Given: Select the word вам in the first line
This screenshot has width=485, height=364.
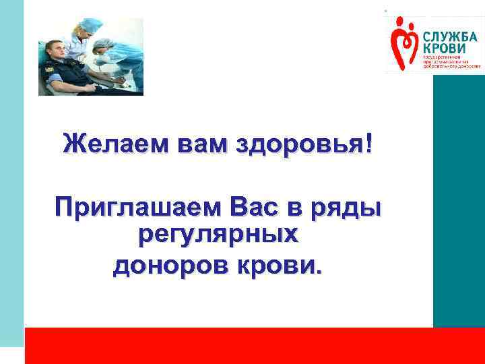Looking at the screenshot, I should (x=196, y=144).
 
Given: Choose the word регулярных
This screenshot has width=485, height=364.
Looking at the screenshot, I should (x=218, y=235).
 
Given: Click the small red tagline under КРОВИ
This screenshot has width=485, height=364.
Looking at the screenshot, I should (x=451, y=63).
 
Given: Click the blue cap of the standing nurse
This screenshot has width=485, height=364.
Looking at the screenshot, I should (x=92, y=25).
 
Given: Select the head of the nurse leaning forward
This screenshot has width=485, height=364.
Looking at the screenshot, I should (x=103, y=47).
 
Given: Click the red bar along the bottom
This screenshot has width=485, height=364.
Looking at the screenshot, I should (x=255, y=346).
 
